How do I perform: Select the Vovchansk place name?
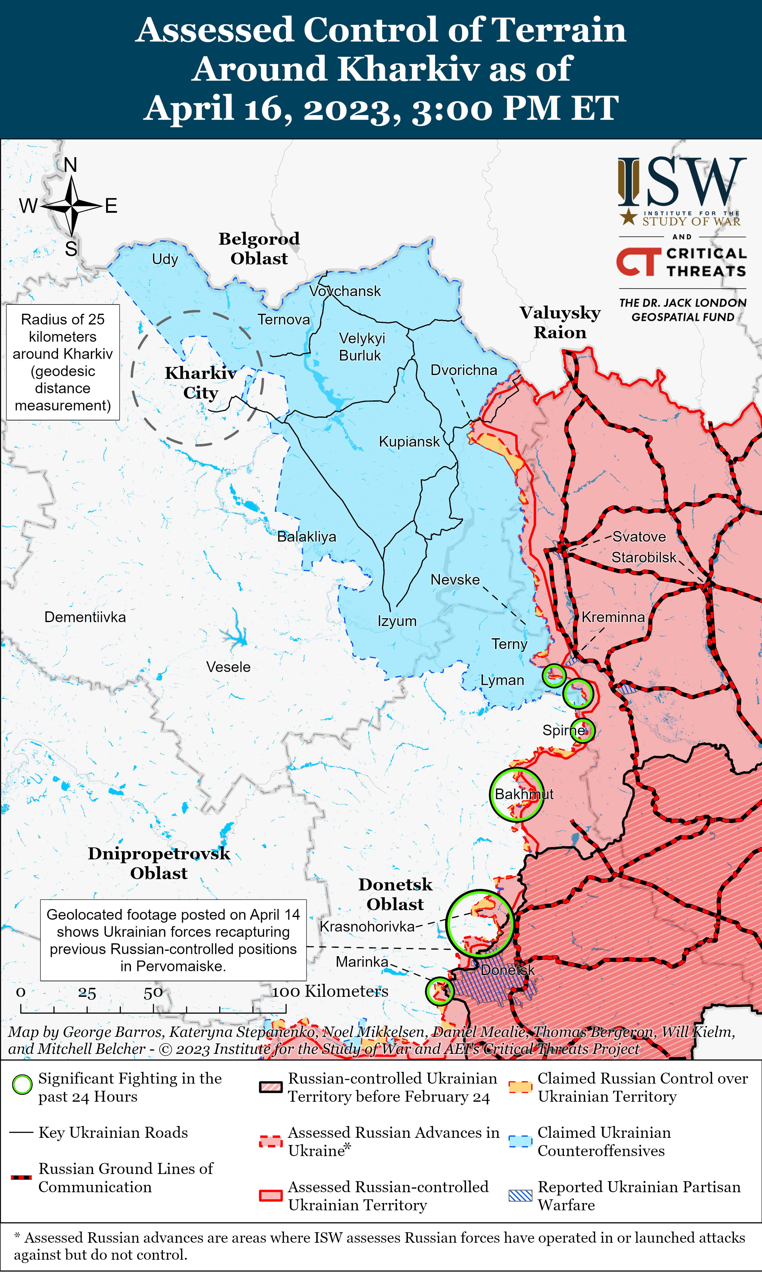point(345,291)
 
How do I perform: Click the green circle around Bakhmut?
point(516,795)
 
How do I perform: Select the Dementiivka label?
point(85,617)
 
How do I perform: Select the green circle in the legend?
point(22,1085)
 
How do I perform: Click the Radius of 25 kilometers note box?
point(63,362)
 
